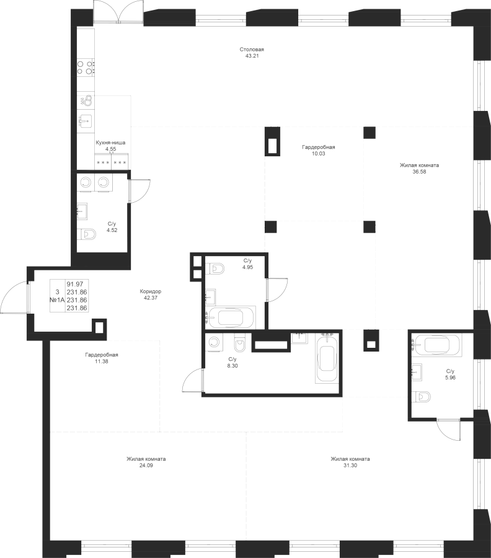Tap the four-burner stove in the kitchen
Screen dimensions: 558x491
86,66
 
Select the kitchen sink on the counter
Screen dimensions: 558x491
85,120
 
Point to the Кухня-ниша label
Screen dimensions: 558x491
110,142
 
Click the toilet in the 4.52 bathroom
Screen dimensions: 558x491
89,234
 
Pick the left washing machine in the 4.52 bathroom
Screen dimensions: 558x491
86,182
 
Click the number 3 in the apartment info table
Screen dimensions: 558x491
57,290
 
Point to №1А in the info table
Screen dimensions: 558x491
57,299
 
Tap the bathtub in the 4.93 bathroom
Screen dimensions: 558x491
229,318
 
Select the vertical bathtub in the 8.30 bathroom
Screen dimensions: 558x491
326,360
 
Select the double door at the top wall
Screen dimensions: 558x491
118,11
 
